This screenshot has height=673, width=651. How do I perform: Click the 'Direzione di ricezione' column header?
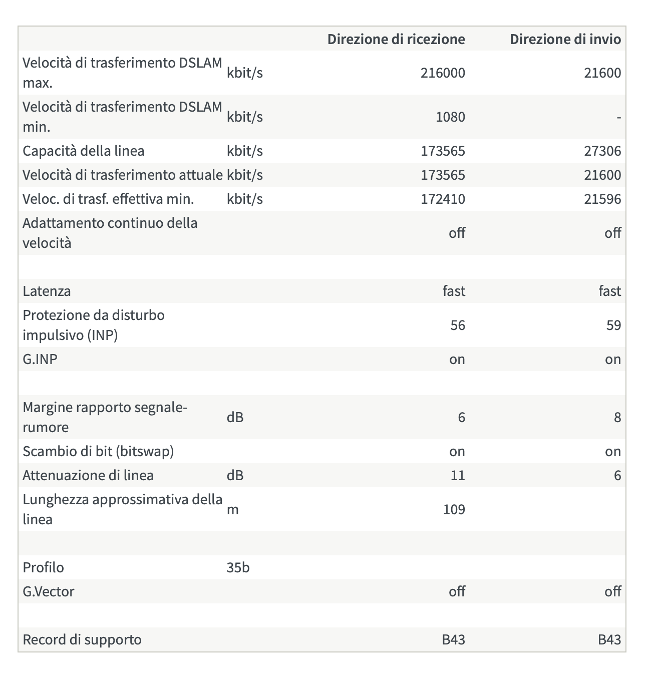396,39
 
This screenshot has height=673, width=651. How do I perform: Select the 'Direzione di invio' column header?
565,39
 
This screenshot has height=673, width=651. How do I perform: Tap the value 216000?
443,73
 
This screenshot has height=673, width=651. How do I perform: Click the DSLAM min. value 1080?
450,117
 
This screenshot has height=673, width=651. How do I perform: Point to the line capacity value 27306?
602,151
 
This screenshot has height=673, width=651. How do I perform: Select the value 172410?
443,199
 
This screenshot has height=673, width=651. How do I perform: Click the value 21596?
602,199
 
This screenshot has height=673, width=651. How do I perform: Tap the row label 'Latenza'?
47,291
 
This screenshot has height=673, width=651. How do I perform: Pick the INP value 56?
458,325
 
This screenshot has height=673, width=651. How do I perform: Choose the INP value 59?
613,325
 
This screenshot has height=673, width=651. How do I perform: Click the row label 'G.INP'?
40,359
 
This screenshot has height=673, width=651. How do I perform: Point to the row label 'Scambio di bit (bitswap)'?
98,451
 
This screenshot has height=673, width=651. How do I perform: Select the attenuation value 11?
458,475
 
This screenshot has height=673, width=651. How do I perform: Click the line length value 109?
454,509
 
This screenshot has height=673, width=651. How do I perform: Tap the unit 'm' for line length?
232,510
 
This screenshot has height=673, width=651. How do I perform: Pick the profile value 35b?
238,567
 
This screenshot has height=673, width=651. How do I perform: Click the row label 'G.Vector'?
49,591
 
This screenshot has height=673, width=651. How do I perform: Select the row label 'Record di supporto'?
82,639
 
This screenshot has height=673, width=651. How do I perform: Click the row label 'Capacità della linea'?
83,151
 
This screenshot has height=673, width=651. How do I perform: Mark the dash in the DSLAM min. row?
619,118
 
